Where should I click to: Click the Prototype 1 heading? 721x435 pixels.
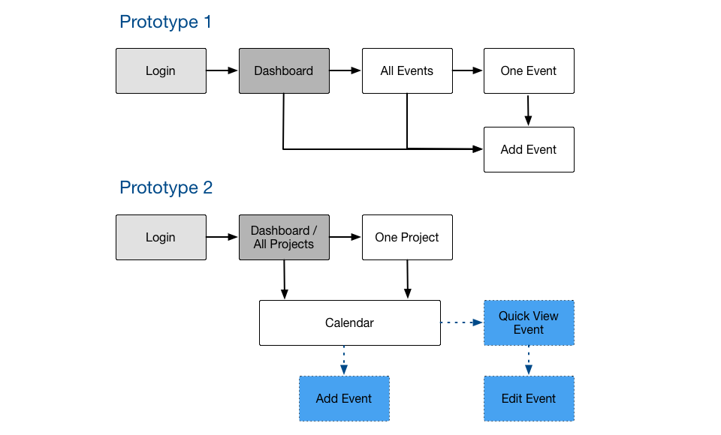tap(165, 22)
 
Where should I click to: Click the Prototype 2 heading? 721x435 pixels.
tap(166, 187)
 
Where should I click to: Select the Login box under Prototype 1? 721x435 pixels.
tap(161, 70)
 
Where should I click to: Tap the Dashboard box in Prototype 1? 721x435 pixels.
tap(284, 70)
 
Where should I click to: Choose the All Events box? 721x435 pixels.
tap(407, 70)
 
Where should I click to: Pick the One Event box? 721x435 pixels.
tap(529, 70)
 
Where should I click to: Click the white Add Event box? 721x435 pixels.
tap(529, 150)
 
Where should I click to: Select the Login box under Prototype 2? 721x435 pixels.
tap(161, 238)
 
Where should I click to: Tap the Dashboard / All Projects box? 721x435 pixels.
tap(284, 238)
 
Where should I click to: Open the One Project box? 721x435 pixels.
tap(407, 238)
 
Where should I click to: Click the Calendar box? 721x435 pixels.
tap(350, 323)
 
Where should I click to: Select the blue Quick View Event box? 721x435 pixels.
tap(529, 323)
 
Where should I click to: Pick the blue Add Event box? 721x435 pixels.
tap(345, 399)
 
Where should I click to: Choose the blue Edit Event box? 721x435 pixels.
tap(529, 399)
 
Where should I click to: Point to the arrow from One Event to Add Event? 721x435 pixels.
tap(528, 110)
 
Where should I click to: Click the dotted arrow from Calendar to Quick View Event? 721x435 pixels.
tap(462, 322)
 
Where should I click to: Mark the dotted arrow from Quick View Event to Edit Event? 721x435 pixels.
tap(529, 360)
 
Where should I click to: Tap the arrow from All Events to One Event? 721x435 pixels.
tap(468, 70)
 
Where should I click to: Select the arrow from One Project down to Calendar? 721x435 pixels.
tap(407, 279)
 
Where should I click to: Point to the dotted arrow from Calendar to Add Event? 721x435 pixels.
tap(344, 360)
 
